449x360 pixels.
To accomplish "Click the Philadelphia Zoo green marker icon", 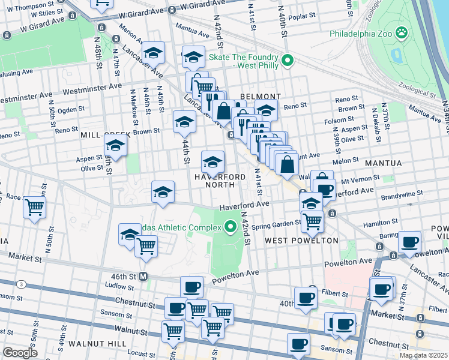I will point(402,32).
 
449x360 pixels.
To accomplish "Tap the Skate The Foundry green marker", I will point(288,59).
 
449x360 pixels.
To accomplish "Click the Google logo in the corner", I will point(20,353).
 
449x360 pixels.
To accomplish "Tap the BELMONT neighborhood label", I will point(261,96).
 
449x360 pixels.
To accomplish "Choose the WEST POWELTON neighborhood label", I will point(301,241).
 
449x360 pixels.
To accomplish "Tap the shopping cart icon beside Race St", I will point(34,208).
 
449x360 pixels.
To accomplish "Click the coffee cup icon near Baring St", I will point(410,242).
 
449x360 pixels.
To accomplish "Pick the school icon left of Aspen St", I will point(115,146).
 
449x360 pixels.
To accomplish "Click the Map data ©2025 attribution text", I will point(423,355).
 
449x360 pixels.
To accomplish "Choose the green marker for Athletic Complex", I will point(229,226).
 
